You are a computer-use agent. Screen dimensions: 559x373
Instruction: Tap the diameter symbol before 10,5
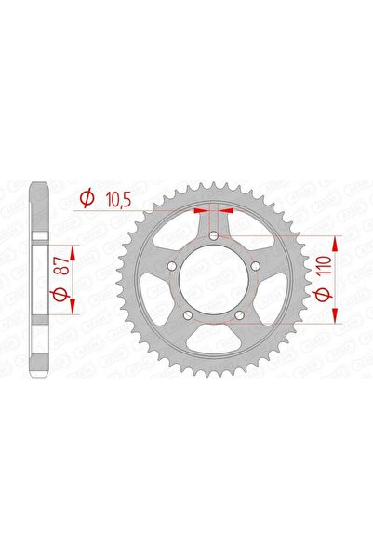85,198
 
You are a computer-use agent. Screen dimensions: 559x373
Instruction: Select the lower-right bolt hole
240,315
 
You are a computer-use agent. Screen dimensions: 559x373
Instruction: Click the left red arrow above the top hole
199,211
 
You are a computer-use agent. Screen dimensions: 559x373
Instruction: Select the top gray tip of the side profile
37,186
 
